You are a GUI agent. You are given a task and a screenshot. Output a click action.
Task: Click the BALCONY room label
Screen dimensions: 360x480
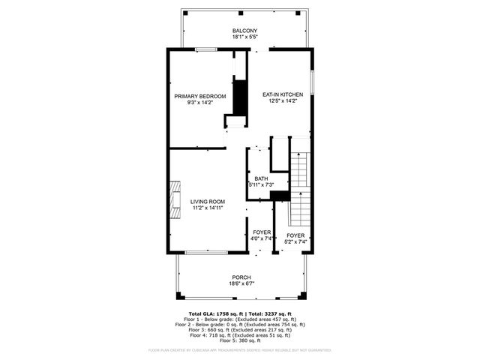245,31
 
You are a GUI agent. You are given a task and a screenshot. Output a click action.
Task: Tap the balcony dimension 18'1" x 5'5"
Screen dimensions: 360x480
245,37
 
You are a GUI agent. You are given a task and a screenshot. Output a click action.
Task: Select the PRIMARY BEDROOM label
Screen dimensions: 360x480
200,96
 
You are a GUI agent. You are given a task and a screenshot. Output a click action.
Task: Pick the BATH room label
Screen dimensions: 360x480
261,178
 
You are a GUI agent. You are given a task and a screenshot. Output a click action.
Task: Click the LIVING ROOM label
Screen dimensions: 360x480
207,201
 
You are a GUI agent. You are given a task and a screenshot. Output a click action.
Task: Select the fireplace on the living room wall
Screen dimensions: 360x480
174,199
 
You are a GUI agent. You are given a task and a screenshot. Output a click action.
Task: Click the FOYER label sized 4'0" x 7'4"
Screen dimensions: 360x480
262,232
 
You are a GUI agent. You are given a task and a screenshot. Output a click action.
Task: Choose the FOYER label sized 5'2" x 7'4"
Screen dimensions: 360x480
295,235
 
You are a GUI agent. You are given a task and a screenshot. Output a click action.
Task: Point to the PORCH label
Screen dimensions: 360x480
241,277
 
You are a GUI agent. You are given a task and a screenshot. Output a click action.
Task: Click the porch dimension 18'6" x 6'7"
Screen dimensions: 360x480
241,283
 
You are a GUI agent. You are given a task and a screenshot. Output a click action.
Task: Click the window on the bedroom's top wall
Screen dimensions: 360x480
207,49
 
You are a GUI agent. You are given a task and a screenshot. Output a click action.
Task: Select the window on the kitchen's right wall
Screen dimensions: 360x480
312,83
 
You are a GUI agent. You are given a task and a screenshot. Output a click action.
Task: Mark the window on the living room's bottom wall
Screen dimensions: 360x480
206,253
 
